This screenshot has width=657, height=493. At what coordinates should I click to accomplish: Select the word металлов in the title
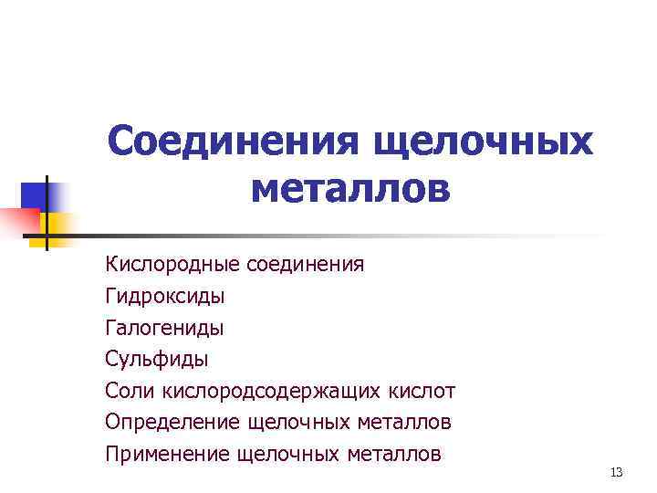(349, 190)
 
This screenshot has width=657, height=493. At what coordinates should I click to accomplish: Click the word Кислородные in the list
(172, 265)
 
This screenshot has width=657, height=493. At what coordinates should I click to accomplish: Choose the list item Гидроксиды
(164, 297)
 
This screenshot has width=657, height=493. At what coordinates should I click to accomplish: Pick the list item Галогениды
(164, 328)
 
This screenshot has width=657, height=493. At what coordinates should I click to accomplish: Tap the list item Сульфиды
(157, 359)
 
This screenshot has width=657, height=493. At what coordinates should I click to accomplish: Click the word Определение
(172, 422)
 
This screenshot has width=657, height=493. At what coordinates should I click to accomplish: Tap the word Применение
(167, 453)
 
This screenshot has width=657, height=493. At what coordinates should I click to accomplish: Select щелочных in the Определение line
(297, 422)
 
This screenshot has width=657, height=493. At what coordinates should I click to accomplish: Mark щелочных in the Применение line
(286, 453)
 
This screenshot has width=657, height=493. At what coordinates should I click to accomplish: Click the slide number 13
(616, 472)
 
